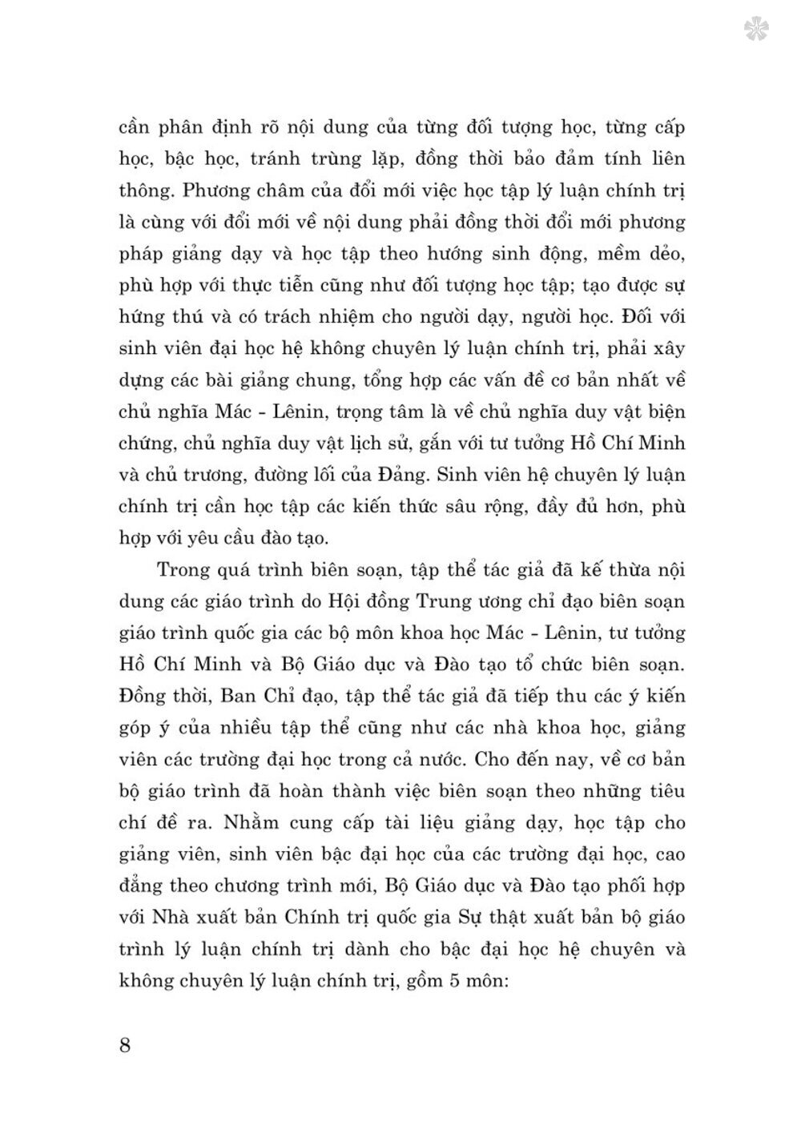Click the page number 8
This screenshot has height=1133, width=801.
coord(125,1045)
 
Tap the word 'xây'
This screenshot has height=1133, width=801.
coord(666,348)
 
